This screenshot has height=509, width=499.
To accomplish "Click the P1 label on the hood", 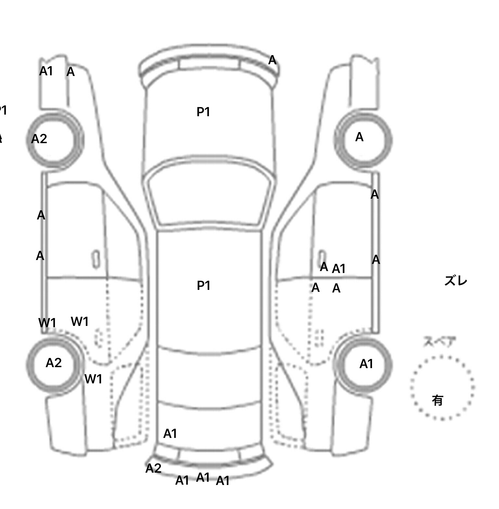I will coord(203,112).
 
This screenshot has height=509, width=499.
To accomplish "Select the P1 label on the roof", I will coord(204,286).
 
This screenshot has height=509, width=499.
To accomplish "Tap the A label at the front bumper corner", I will coord(272,60).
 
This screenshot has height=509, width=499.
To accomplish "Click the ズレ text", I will coord(455,281).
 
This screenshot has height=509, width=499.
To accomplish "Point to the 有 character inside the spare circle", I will coord(438,400).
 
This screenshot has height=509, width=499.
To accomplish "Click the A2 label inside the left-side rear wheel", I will coord(54,363).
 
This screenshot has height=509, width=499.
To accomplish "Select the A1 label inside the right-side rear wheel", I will coord(366,364).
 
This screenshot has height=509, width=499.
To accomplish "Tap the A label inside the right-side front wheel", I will coord(359,137).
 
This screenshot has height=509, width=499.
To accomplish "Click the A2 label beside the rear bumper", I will coord(153,468).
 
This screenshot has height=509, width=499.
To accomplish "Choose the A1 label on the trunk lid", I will coord(170,434).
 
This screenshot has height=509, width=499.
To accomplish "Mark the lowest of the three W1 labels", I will coord(93,379).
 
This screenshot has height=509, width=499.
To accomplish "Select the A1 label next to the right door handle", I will coord(339,269).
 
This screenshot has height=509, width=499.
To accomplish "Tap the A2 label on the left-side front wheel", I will coord(39,139).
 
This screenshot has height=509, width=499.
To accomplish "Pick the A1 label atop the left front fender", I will coord(46,71).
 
